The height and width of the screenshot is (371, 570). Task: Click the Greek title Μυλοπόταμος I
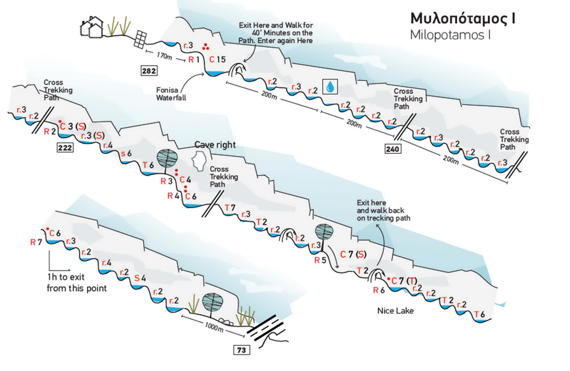(x=463, y=19)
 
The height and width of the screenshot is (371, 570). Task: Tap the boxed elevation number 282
(x=149, y=71)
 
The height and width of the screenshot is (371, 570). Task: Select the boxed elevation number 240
(x=393, y=149)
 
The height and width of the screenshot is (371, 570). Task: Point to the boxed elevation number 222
(x=65, y=148)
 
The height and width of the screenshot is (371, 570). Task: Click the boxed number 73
(x=241, y=350)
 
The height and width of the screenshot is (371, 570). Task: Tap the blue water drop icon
(x=330, y=87)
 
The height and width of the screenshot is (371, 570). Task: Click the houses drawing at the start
(x=92, y=27)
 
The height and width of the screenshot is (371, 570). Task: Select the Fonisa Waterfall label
(x=171, y=94)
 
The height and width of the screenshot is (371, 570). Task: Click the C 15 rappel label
(x=217, y=60)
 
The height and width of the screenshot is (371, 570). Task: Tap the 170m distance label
(x=164, y=56)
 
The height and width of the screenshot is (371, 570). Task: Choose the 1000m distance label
(x=214, y=327)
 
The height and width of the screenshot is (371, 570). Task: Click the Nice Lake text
(x=395, y=311)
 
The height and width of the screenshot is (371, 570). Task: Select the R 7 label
(x=36, y=242)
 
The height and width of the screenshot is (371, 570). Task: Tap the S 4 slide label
(x=140, y=278)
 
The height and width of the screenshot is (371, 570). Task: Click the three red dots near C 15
(x=205, y=47)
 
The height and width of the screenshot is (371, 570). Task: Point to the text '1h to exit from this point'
(x=76, y=283)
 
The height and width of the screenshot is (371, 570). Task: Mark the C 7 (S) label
(x=353, y=254)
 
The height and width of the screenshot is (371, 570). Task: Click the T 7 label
(x=230, y=208)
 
